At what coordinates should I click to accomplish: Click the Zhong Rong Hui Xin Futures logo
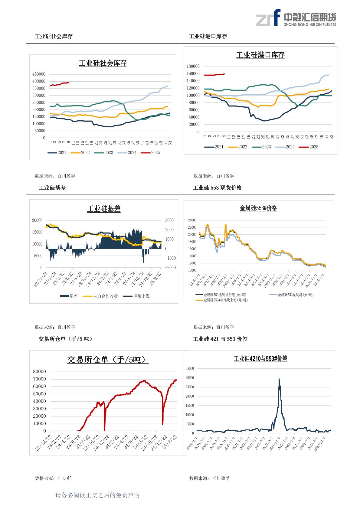[296, 18]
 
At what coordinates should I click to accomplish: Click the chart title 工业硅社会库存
[103, 63]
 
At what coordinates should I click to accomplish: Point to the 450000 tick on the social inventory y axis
[39, 74]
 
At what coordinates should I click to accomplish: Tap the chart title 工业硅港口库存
[260, 55]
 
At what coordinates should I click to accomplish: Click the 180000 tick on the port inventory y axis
[193, 66]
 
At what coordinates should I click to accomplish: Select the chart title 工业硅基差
[104, 209]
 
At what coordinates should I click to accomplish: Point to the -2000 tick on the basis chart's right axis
[170, 268]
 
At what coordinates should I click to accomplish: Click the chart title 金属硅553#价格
[258, 208]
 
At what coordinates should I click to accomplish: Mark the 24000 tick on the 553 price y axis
[192, 220]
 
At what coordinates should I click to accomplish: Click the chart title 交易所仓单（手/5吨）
[108, 360]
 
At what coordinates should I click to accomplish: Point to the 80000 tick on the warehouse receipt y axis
[39, 371]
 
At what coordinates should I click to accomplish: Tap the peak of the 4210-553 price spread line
[279, 379]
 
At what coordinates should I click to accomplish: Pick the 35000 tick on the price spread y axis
[190, 368]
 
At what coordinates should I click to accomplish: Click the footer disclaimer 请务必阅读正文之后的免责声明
[97, 495]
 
